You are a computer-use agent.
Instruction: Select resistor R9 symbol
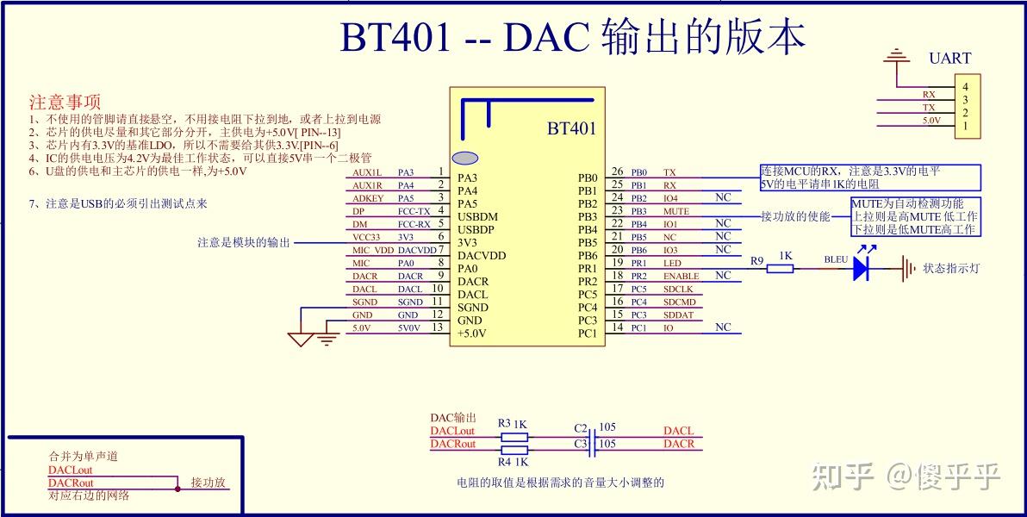781,269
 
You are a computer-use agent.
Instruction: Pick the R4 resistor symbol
514,450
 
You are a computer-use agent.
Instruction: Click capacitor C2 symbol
591,436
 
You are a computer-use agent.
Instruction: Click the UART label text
949,59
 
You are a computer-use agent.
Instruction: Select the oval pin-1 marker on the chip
465,158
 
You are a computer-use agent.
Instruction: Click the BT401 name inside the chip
571,128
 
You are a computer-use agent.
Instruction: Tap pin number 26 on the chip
617,171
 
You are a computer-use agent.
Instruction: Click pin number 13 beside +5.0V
439,327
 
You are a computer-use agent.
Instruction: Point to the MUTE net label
676,212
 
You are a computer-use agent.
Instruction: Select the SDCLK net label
678,289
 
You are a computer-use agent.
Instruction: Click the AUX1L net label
367,172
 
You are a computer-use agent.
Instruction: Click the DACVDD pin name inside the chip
482,256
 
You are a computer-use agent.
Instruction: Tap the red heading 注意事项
65,103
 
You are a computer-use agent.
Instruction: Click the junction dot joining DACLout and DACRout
177,489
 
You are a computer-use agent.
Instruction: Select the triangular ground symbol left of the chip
301,339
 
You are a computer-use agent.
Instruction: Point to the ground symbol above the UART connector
897,58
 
